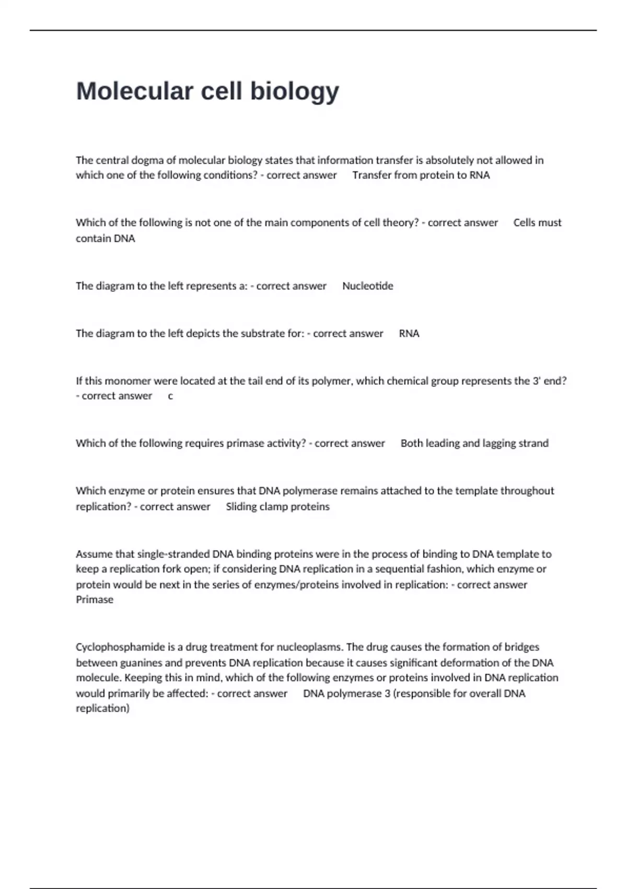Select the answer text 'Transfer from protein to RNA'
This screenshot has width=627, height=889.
pyautogui.click(x=421, y=175)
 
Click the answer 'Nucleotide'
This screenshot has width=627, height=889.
pyautogui.click(x=367, y=286)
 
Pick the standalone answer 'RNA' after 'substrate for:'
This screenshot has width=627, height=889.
pyautogui.click(x=409, y=334)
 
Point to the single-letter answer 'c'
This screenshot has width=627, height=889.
pyautogui.click(x=170, y=396)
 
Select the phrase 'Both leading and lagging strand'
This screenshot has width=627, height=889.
pyautogui.click(x=474, y=443)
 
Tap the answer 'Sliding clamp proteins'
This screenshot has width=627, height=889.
pyautogui.click(x=277, y=507)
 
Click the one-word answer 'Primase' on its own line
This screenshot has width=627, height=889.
pyautogui.click(x=95, y=600)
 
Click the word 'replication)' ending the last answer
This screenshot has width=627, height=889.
pyautogui.click(x=102, y=709)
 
